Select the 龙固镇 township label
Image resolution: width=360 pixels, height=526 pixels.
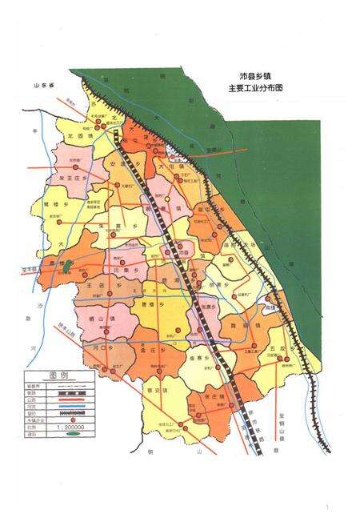[80, 137]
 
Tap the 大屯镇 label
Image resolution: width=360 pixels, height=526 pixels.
[165, 167]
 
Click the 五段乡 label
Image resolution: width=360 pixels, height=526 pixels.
[278, 350]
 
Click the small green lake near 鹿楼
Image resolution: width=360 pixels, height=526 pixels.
[69, 265]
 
